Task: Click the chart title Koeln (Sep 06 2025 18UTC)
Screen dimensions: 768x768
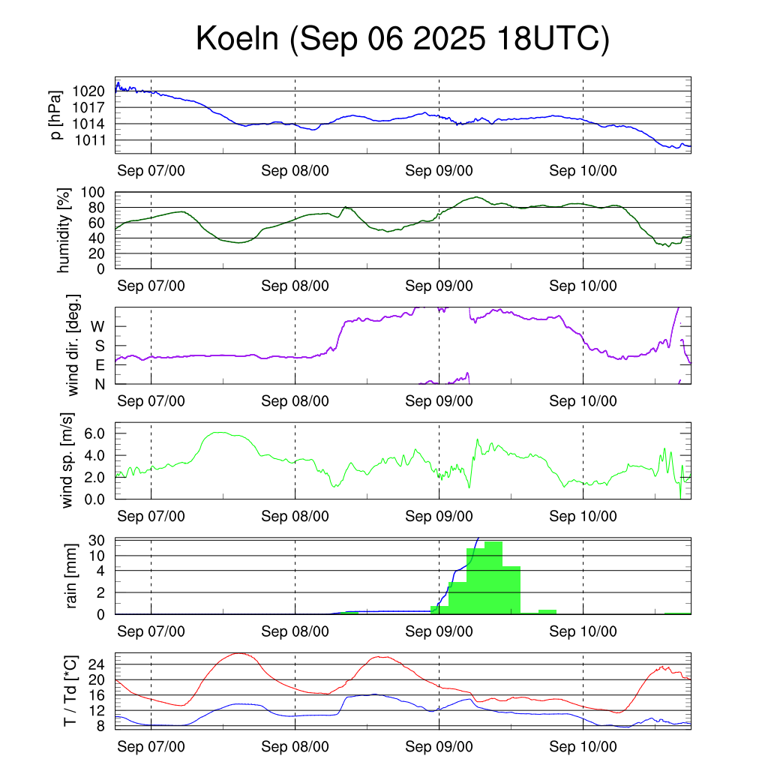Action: (403, 39)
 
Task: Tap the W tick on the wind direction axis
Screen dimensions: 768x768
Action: (97, 326)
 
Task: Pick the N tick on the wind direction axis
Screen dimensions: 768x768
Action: (99, 384)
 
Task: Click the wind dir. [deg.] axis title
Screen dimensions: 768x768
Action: (73, 345)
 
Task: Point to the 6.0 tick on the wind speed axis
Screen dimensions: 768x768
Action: (96, 433)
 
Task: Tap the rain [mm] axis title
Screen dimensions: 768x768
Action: (72, 576)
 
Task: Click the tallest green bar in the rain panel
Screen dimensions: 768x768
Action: (493, 577)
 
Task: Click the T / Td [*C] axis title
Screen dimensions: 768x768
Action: (70, 690)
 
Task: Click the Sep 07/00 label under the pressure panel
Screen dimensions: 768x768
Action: (151, 170)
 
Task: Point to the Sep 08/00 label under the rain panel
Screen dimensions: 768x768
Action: (295, 631)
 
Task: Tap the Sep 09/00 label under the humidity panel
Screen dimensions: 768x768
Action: (439, 286)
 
